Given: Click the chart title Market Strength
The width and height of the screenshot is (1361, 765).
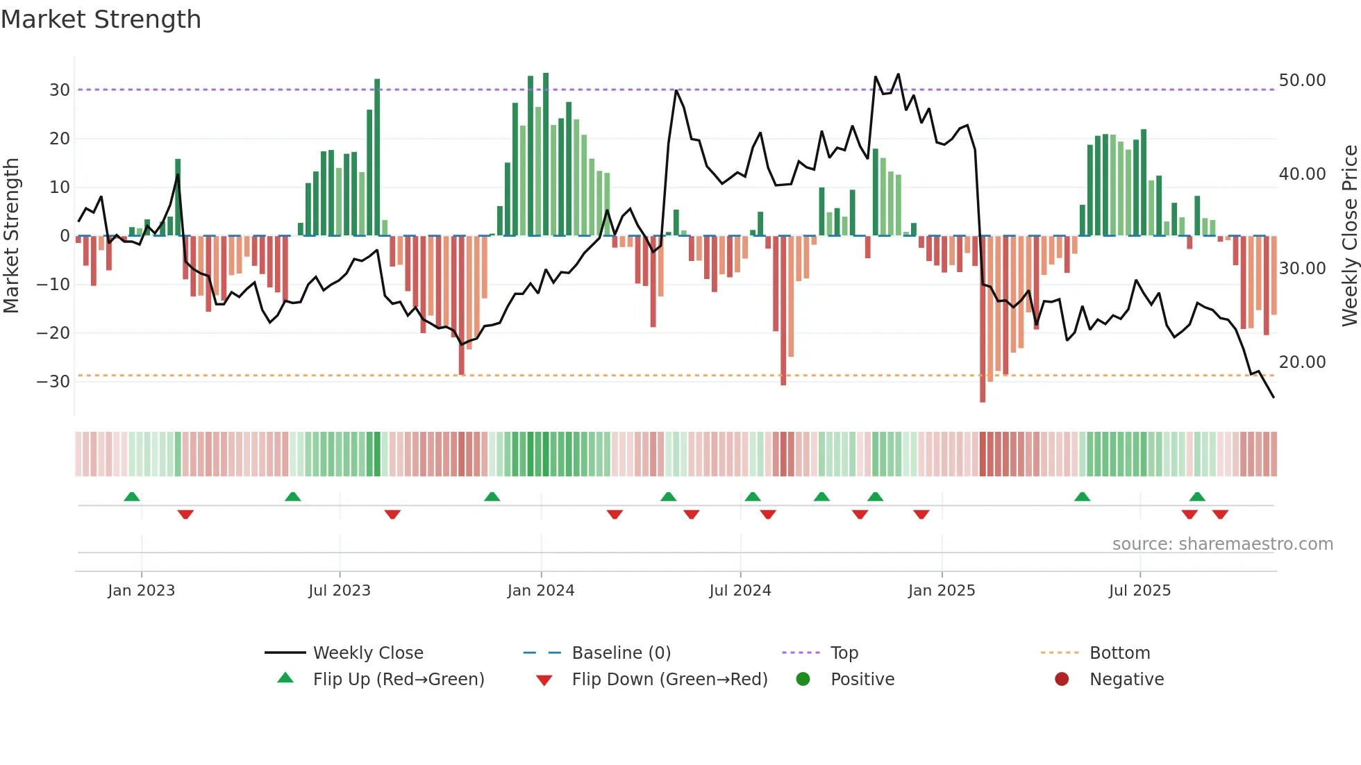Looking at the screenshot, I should [x=101, y=19].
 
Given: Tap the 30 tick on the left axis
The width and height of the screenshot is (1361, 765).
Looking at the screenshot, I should [x=59, y=90].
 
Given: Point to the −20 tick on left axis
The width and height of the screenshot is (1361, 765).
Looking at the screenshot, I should [x=53, y=333].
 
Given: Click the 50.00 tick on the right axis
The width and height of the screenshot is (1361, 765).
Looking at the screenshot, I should [x=1302, y=81].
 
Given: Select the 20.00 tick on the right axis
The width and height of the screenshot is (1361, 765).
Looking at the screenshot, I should [x=1302, y=362].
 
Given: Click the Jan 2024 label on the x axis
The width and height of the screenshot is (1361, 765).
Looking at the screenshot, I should [x=541, y=591].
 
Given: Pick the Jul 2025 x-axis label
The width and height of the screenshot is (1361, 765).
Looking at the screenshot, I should [x=1139, y=591].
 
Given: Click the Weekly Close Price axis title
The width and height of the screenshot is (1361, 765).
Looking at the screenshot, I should [x=1349, y=235].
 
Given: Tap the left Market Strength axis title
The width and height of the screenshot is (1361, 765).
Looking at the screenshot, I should [x=12, y=235].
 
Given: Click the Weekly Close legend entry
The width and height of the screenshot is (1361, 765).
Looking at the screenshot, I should [x=367, y=653].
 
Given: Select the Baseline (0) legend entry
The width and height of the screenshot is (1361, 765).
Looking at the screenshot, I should [x=621, y=653].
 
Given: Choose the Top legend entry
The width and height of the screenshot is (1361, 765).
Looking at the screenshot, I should [x=844, y=653].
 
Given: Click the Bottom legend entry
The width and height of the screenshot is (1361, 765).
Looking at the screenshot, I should [x=1119, y=653].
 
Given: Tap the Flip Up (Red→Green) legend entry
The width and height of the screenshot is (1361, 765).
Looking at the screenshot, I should [x=398, y=680].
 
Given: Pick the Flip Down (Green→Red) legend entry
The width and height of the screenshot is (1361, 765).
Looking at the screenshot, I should [x=669, y=680].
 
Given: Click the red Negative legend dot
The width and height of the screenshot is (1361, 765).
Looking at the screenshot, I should [x=1062, y=680].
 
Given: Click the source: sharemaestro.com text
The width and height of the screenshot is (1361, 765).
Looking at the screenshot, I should [x=1222, y=544].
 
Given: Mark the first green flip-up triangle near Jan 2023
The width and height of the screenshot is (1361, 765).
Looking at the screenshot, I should [x=132, y=496].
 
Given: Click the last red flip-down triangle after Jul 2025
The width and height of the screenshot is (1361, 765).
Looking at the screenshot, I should [x=1220, y=514].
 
